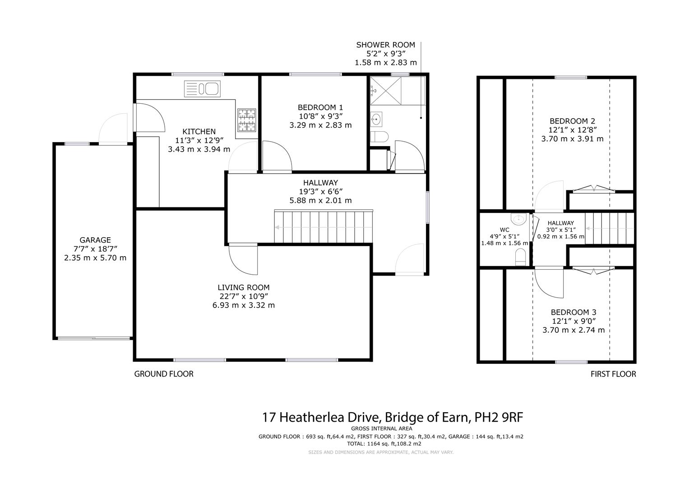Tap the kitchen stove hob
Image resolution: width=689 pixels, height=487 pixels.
[247, 120]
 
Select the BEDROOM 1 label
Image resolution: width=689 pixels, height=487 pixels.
[320, 107]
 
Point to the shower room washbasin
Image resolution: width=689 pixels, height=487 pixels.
[376, 120]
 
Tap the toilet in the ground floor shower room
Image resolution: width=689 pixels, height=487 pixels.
[379, 137]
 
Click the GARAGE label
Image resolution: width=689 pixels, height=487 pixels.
[95, 240]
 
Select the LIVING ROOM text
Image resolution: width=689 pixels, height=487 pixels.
[243, 287]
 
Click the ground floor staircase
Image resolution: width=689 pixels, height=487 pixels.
[324, 227]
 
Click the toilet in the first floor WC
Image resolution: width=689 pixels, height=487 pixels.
[520, 257]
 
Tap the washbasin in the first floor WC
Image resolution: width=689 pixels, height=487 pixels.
[518, 220]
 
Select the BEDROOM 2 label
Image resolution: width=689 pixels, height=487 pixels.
[572, 121]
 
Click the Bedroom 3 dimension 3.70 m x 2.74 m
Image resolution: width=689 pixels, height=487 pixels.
[573, 330]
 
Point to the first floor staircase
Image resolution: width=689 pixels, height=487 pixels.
[610, 229]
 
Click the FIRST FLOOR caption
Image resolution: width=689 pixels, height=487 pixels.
[613, 374]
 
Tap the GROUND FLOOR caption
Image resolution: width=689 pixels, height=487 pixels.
[164, 374]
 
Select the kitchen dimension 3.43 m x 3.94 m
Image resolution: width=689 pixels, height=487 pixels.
[199, 149]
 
